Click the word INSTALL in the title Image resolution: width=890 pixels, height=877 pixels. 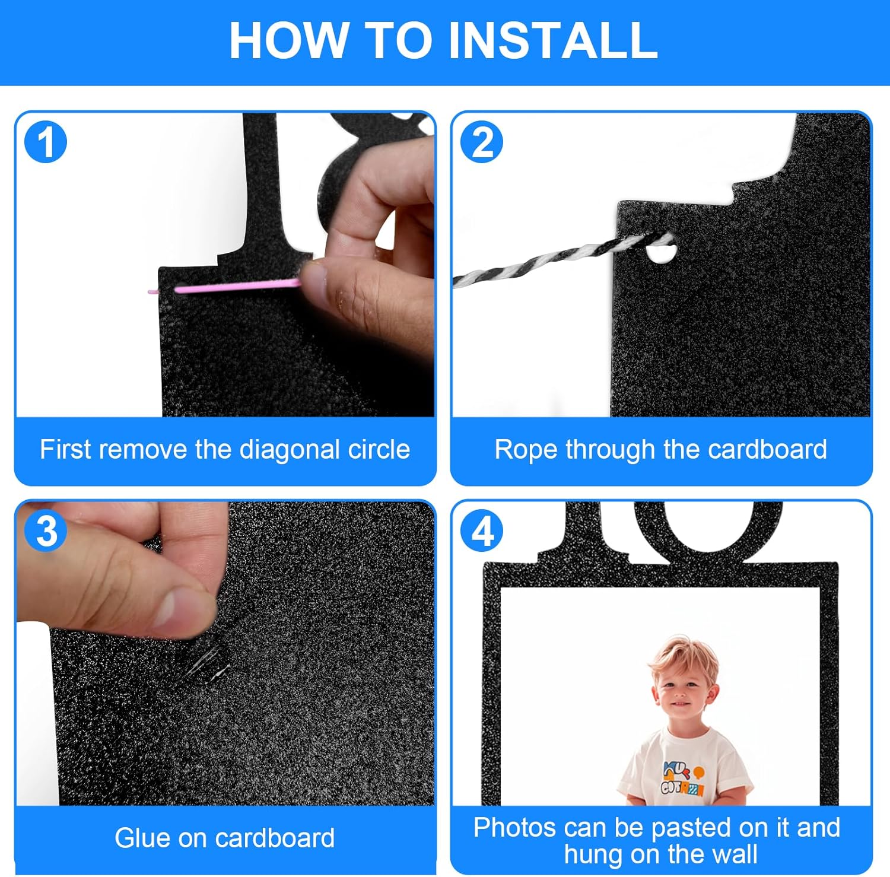[552, 40]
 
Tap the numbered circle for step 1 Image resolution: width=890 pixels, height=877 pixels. [46, 142]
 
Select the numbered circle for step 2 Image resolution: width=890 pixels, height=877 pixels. [482, 142]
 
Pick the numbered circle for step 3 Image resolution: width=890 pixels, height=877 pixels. [46, 530]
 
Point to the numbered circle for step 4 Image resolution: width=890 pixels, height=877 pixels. [482, 530]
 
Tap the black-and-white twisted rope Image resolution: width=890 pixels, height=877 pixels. [558, 258]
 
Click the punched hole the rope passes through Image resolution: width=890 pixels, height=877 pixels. [660, 253]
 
